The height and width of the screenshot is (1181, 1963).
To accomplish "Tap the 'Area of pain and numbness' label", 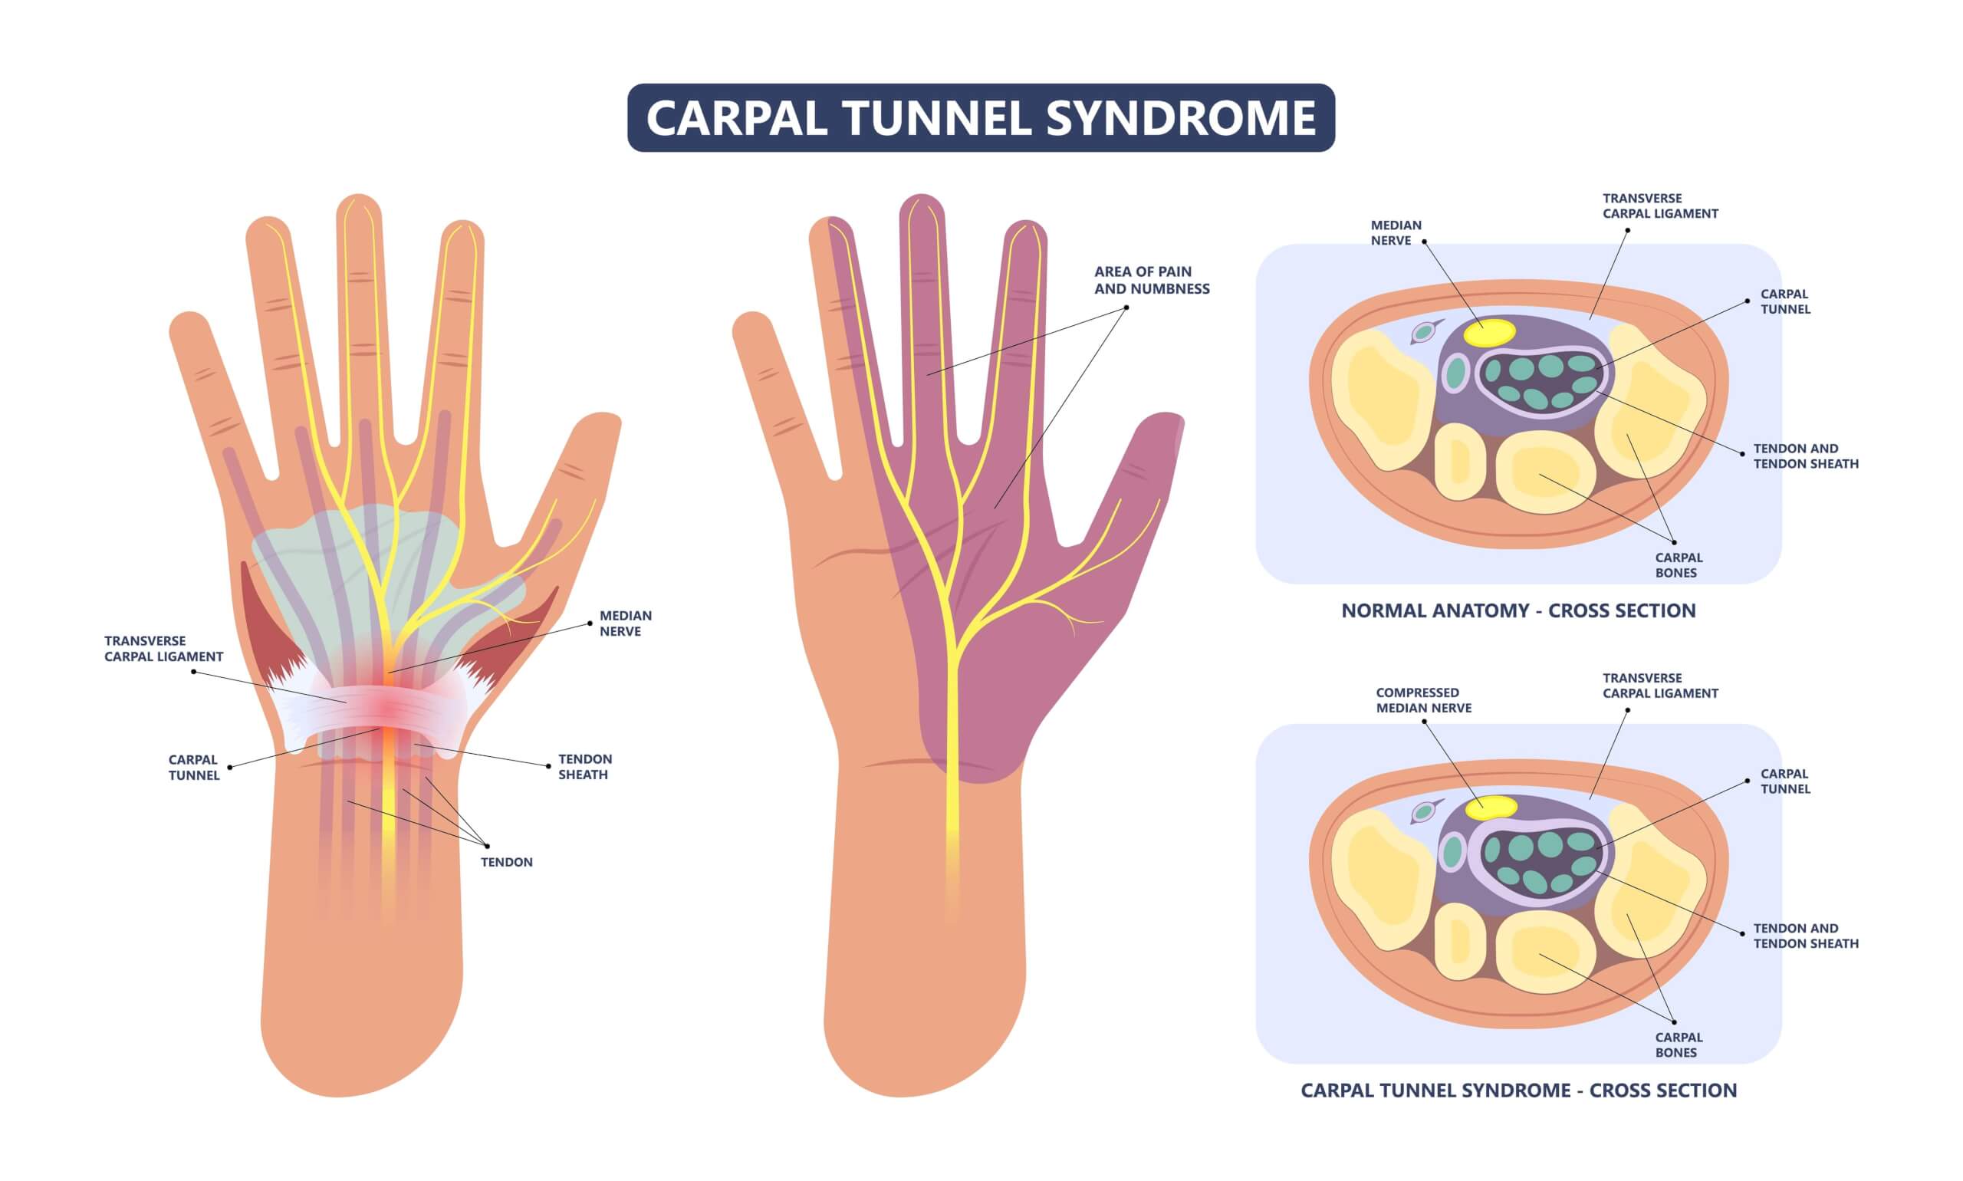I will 1151,280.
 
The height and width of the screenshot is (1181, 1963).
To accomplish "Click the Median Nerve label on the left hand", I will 625,623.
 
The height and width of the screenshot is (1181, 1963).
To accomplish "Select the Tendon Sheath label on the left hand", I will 584,766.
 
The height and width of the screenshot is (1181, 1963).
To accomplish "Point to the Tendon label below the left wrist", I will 506,862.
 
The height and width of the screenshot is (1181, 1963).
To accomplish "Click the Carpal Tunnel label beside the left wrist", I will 193,767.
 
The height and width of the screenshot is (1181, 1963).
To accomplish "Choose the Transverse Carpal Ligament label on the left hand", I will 163,649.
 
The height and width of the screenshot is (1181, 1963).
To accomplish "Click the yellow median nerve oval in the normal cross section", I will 1489,332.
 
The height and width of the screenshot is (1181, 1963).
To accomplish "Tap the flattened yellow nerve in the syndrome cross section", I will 1491,808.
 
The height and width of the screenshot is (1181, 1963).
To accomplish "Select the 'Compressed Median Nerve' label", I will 1422,700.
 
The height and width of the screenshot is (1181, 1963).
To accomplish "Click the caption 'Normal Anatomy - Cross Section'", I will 1517,610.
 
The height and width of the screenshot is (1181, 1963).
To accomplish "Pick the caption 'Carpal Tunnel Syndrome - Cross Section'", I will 1517,1091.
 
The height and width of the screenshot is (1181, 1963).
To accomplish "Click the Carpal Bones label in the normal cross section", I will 1679,565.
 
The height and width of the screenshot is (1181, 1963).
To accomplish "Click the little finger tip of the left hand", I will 189,326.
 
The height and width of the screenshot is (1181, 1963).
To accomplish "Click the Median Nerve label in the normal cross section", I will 1395,232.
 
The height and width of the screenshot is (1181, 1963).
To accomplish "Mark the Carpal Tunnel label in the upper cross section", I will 1784,301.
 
